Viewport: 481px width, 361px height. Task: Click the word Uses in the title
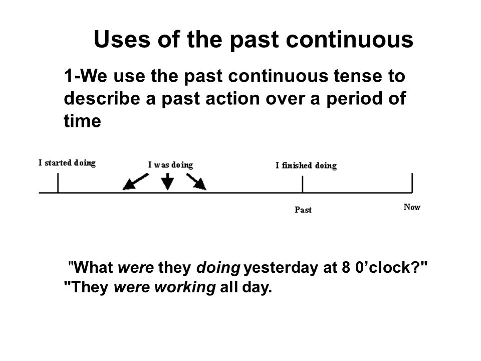coord(122,39)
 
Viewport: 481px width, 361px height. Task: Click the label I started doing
coord(67,163)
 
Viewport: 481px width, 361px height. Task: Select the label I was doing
coord(170,165)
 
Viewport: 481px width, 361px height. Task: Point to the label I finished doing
coord(306,166)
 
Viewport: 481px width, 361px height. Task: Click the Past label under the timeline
coord(303,210)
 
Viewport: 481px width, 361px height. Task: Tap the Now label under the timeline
coord(412,207)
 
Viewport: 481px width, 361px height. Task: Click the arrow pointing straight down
coord(167,182)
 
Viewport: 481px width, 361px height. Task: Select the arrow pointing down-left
coord(136,182)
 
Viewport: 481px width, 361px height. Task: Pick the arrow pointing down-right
coord(196,182)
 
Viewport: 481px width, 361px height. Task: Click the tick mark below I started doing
coord(58,184)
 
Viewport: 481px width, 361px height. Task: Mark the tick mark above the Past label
coord(303,185)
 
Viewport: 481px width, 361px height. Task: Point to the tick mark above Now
coord(412,183)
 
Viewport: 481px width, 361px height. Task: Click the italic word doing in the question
coord(218,268)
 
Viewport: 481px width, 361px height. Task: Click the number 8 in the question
coord(346,267)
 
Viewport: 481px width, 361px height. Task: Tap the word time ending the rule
coord(82,121)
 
